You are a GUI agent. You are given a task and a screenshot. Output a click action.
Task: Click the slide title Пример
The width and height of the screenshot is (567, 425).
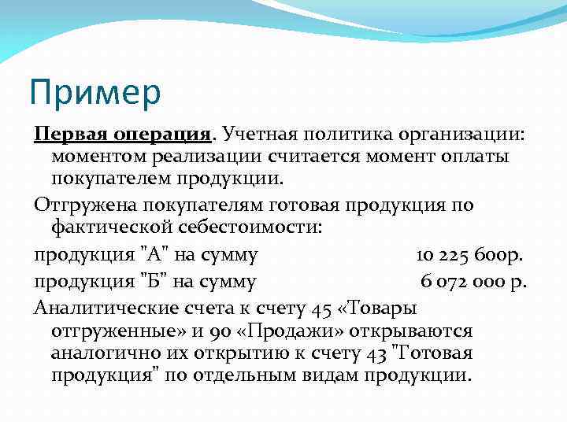(x=94, y=91)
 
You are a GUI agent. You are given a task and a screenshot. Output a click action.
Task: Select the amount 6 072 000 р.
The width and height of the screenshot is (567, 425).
(x=473, y=281)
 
